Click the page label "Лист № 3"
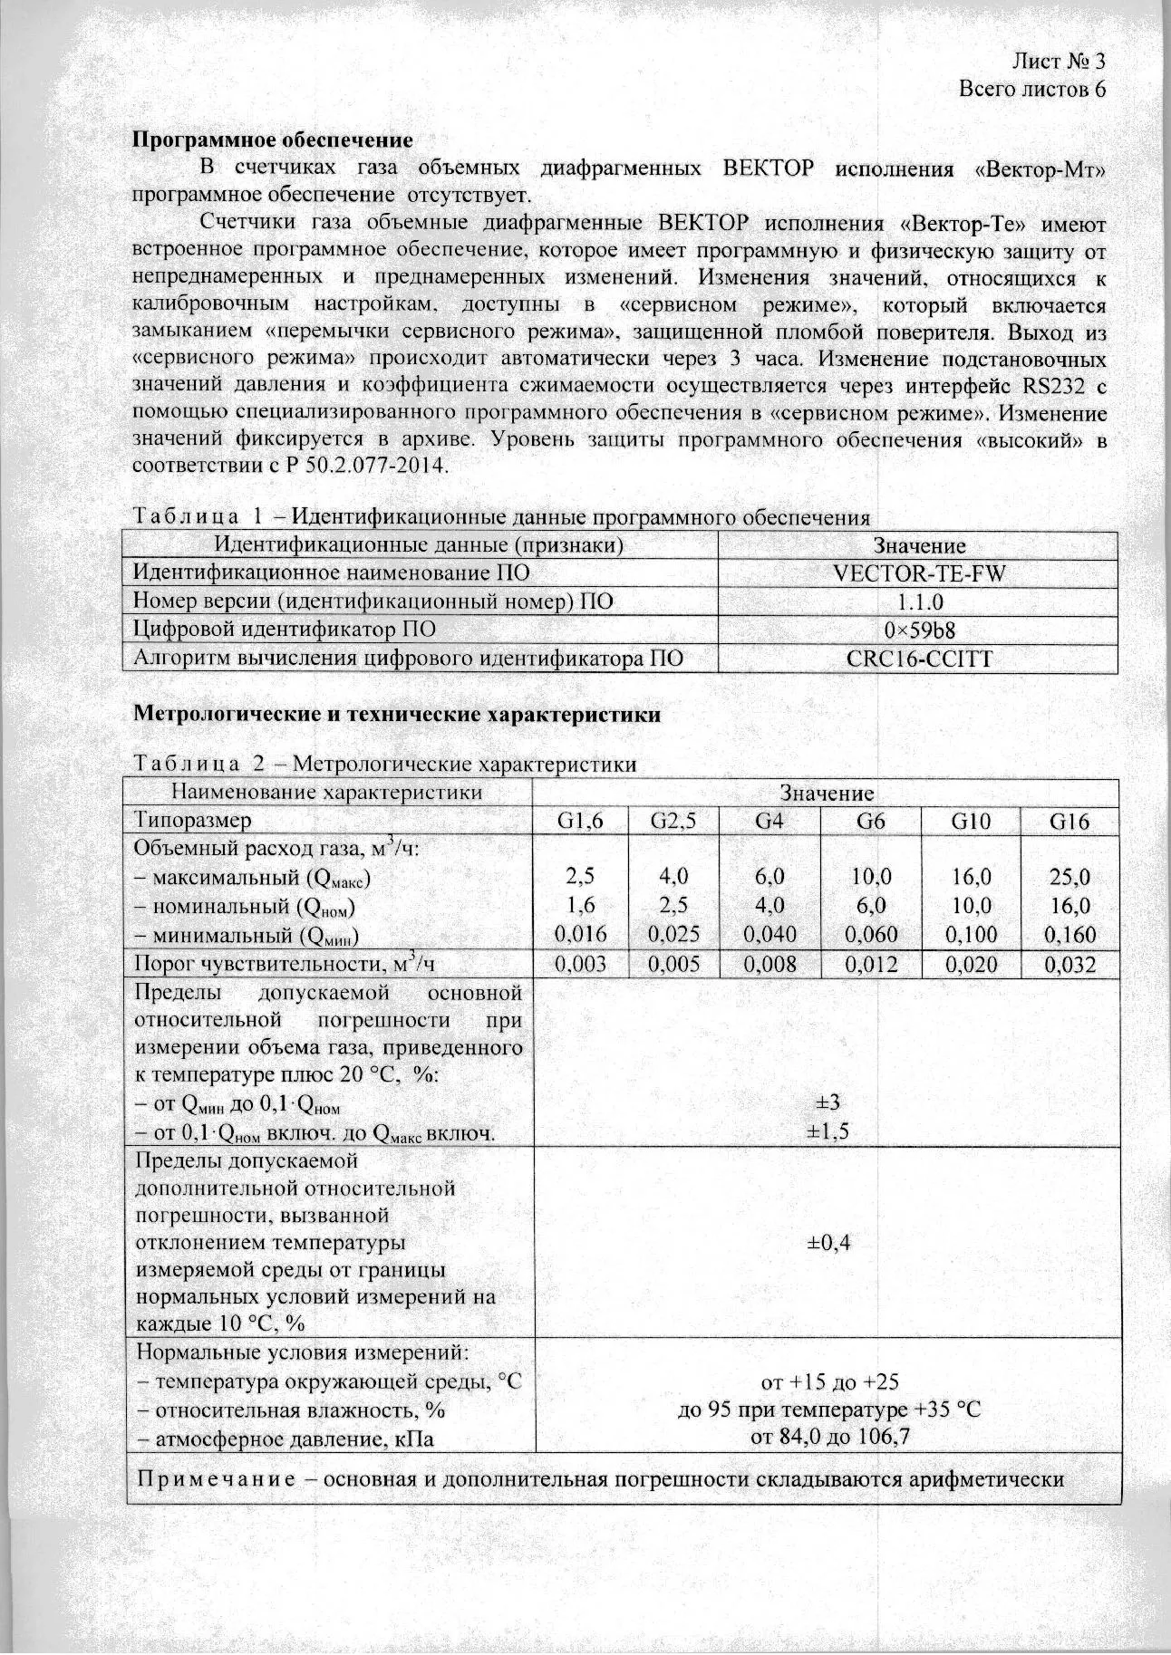click(x=1059, y=62)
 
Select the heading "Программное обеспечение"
click(x=273, y=140)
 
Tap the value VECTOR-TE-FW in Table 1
click(x=918, y=573)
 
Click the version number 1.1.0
click(x=918, y=601)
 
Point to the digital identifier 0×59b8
click(x=918, y=630)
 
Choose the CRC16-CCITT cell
click(x=918, y=658)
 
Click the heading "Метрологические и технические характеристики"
click(x=397, y=715)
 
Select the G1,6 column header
click(x=580, y=822)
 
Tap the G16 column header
click(x=1069, y=822)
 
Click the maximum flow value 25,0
click(x=1069, y=877)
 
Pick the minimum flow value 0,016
click(x=580, y=934)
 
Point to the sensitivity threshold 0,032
click(x=1069, y=965)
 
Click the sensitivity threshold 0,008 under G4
click(x=769, y=965)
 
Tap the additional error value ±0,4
click(x=827, y=1243)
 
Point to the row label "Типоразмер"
click(x=192, y=822)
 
